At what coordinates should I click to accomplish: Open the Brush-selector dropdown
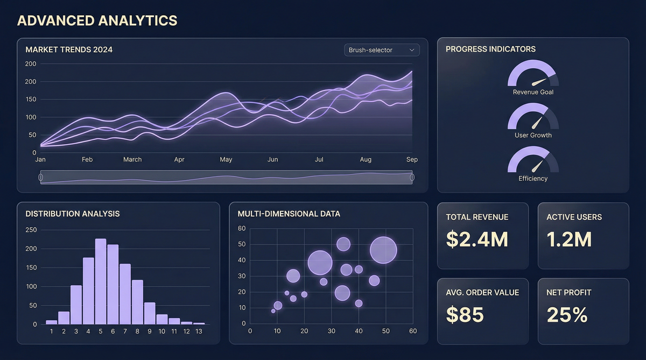point(382,50)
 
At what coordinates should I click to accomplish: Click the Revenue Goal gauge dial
point(533,74)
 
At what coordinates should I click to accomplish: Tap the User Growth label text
point(533,135)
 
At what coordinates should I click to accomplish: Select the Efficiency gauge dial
point(533,160)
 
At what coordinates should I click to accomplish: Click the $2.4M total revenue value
point(477,239)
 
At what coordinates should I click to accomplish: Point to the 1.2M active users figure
point(569,239)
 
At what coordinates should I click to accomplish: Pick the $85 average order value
point(465,315)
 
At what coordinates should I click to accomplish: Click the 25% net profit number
point(567,315)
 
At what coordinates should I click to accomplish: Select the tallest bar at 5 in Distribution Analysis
point(101,281)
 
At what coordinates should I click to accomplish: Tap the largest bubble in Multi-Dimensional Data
point(383,250)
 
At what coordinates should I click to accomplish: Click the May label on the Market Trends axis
point(226,160)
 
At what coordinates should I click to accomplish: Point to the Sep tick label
point(412,160)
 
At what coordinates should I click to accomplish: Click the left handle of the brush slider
point(41,177)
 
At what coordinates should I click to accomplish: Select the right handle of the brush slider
point(412,177)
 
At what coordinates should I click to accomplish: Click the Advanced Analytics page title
point(97,20)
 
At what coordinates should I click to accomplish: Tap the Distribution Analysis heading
point(73,214)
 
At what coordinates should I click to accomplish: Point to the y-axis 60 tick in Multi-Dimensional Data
point(242,229)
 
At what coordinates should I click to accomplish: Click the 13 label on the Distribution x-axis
point(199,331)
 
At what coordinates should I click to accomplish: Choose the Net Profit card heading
point(568,293)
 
